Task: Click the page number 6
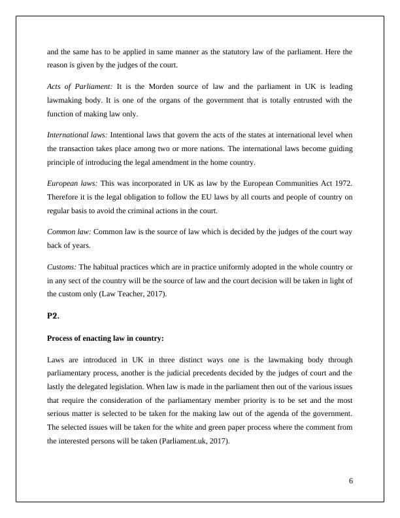pyautogui.click(x=351, y=481)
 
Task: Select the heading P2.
pyautogui.click(x=53, y=316)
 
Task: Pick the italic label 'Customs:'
pyautogui.click(x=61, y=266)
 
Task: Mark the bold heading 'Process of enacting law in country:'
pyautogui.click(x=105, y=338)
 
